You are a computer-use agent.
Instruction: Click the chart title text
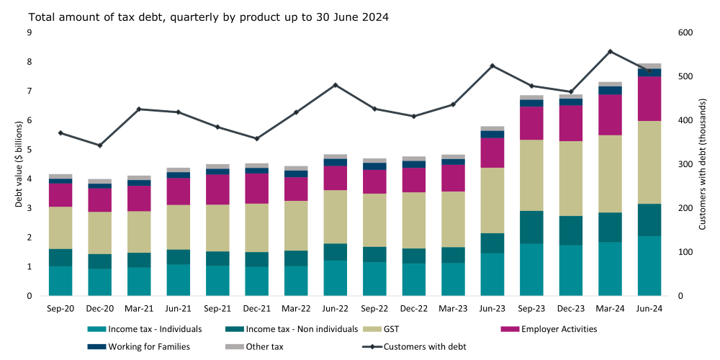point(198,17)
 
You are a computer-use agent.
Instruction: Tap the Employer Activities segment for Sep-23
point(532,123)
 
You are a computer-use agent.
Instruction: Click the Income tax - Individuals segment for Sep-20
point(60,281)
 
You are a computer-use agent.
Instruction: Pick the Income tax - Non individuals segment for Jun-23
point(493,243)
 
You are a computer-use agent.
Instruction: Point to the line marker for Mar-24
point(610,52)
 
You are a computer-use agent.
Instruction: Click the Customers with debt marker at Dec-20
point(100,145)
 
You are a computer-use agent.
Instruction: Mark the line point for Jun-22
point(336,85)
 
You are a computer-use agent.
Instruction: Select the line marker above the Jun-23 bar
point(492,66)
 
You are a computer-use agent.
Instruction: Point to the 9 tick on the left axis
point(29,32)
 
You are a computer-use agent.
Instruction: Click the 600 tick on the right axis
point(685,32)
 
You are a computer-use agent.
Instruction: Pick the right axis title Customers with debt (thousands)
point(703,164)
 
